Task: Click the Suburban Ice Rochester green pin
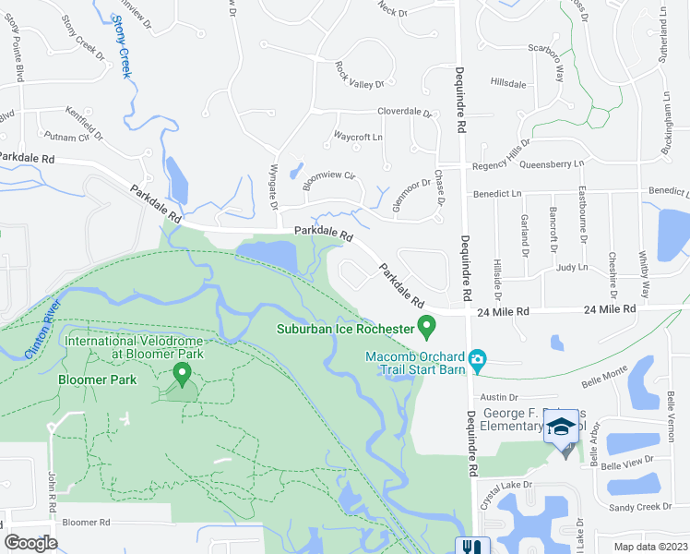[x=426, y=326]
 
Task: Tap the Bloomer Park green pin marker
[x=182, y=374]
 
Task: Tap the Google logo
[x=30, y=543]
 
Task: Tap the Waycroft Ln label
[x=357, y=137]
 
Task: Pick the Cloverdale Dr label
[x=404, y=112]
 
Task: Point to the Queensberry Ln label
[x=553, y=164]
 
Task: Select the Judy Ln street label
[x=572, y=267]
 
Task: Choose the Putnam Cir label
[x=77, y=137]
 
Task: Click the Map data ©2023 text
[x=650, y=546]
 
